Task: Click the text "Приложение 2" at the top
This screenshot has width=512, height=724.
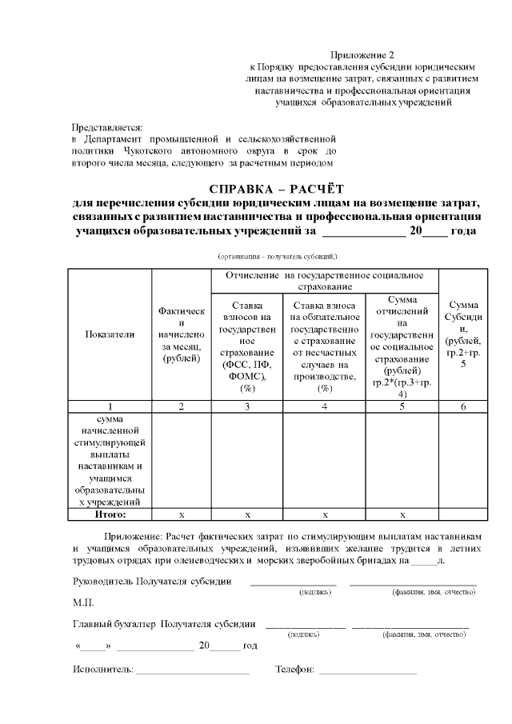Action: (362, 55)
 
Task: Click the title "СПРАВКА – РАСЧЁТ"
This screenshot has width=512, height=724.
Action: (275, 189)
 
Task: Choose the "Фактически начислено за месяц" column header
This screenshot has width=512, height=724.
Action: (182, 334)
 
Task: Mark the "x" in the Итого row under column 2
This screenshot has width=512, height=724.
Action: (182, 514)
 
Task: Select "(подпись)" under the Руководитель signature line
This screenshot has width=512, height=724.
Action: (314, 592)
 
